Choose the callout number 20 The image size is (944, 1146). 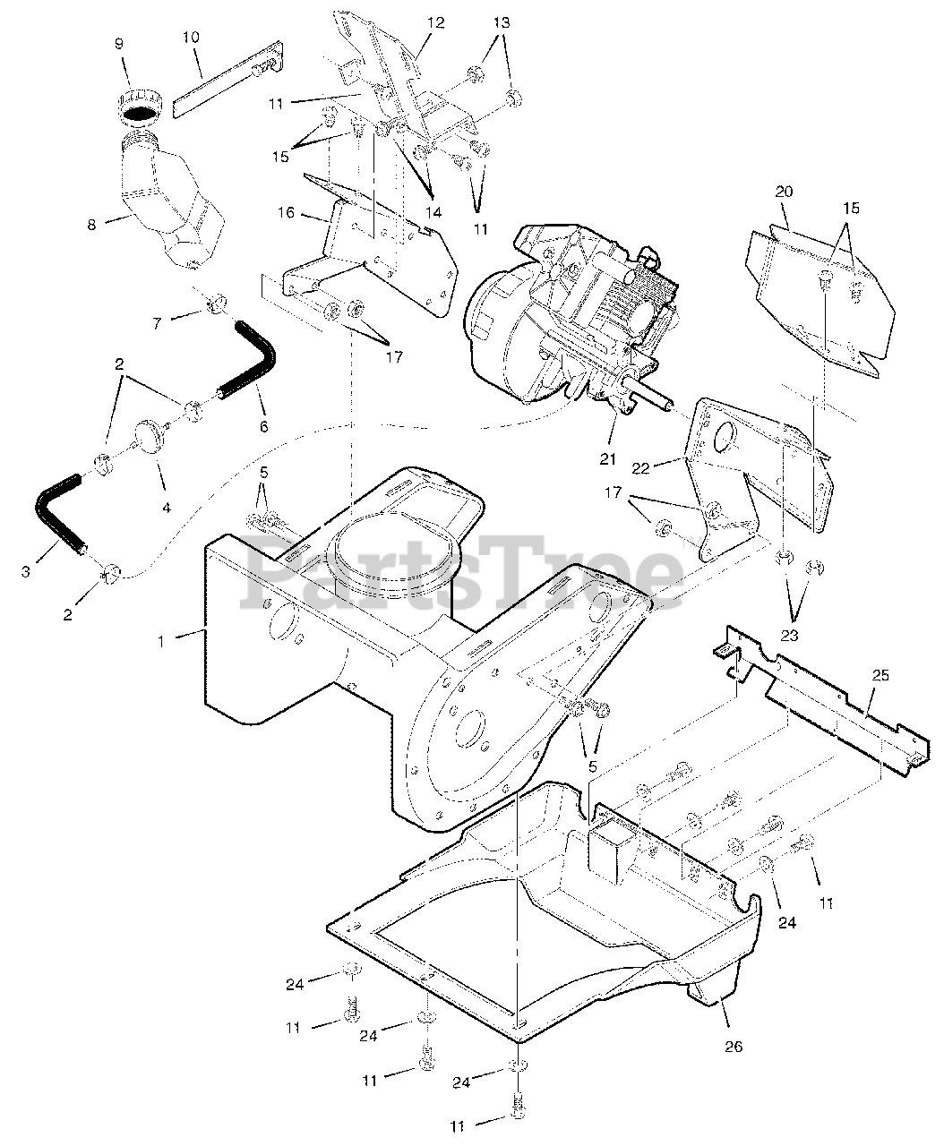pos(785,192)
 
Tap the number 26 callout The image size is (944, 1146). pos(734,1045)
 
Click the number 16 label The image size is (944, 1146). pos(286,213)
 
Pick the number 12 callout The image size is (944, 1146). pos(435,23)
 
